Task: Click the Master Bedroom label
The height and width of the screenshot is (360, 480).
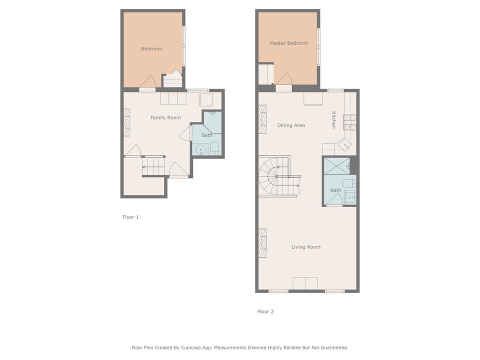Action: click(289, 43)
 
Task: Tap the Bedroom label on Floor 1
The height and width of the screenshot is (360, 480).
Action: click(151, 48)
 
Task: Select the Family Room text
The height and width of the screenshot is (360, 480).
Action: click(165, 117)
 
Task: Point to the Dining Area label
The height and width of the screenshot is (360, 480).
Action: click(291, 125)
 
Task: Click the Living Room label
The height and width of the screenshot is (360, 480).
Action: click(306, 247)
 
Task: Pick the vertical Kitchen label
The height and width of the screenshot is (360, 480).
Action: click(334, 119)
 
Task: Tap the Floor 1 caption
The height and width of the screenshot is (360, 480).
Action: click(130, 217)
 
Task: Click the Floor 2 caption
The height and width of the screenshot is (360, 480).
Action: click(265, 311)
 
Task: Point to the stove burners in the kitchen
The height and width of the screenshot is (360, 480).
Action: click(349, 122)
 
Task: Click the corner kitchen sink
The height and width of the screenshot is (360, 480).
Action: click(345, 144)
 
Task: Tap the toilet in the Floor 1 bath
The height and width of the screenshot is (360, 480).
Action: click(214, 148)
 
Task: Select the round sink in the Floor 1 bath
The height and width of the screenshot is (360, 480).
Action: click(201, 149)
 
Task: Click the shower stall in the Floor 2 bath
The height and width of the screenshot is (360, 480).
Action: click(336, 166)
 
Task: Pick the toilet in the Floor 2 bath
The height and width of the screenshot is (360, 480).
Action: click(348, 183)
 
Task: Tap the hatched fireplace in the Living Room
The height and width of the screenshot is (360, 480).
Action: click(262, 243)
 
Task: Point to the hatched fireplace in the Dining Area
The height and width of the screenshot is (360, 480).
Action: click(262, 119)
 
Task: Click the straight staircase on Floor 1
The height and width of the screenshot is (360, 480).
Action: click(153, 166)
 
